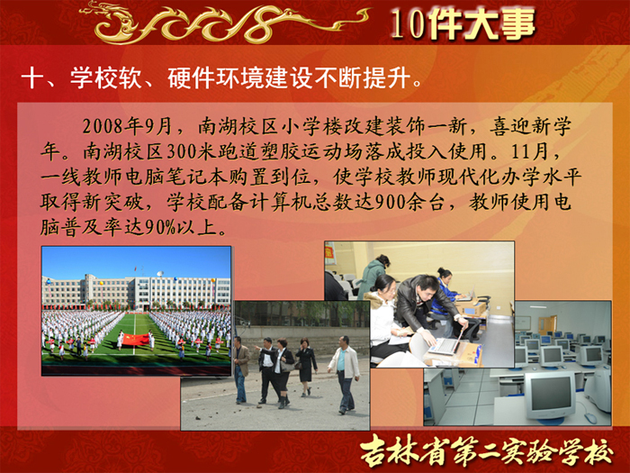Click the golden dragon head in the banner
pos(106,24)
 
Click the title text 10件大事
pos(463,23)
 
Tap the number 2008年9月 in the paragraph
pos(128,126)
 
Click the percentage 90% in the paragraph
pos(160,228)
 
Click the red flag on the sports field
pos(135,341)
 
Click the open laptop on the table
pos(446,345)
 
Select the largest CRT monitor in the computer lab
pos(550,396)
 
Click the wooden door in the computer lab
pos(547,325)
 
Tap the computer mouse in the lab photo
pos(590,418)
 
